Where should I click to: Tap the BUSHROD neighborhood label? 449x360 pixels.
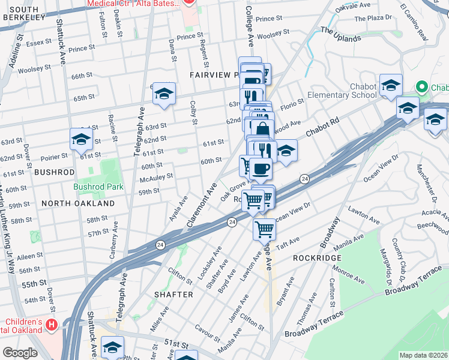pos(55,172)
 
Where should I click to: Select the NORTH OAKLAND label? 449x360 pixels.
pos(78,203)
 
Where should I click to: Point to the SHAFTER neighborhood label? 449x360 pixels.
pos(173,295)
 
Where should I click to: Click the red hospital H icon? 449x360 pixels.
pos(52,326)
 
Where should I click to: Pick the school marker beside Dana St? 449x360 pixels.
pos(163,94)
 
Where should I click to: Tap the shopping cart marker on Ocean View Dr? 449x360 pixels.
pos(264,229)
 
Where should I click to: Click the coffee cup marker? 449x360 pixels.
pos(260,168)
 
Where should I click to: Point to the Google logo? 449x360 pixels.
pos(20,353)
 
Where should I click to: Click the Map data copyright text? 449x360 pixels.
pos(423,355)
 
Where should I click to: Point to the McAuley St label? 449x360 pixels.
pos(156,177)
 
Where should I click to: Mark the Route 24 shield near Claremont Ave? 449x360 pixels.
pos(232,223)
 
